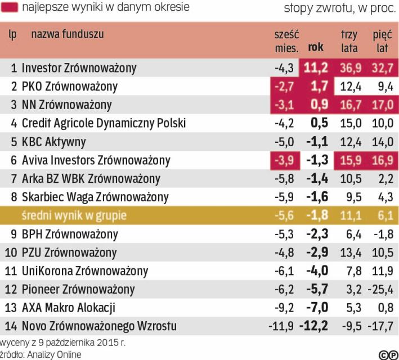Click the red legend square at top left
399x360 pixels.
coord(10,8)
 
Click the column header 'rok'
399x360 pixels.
coord(316,48)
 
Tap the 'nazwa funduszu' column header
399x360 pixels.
coord(68,34)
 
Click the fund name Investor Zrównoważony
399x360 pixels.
coord(79,69)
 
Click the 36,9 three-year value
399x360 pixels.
coord(349,69)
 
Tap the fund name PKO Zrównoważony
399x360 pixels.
coord(69,87)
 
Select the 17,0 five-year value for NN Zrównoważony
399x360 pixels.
coord(382,105)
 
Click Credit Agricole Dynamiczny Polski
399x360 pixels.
coord(104,123)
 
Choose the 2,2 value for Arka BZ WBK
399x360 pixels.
coord(385,179)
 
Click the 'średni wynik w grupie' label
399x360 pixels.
coord(74,215)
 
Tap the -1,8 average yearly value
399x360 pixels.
coord(317,215)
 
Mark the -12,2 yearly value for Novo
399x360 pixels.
coord(314,326)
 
